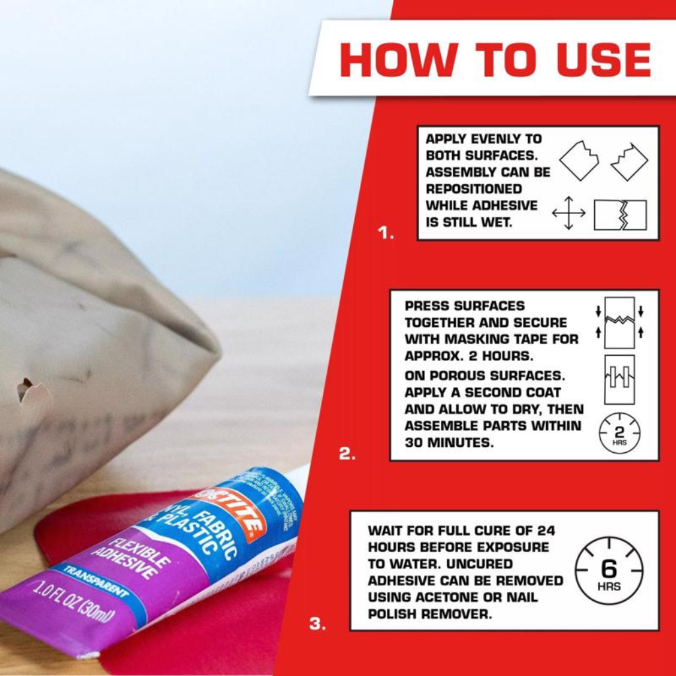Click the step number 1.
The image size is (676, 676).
point(386,233)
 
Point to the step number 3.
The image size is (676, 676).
point(318,623)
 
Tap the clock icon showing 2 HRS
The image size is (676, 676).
point(619,433)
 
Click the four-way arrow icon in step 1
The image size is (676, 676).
point(568,213)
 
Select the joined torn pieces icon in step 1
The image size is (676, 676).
point(620,215)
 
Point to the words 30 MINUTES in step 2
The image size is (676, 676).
point(449,443)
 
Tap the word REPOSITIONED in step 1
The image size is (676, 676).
point(473,189)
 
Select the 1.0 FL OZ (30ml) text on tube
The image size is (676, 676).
point(73,601)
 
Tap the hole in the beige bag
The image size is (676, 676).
point(25,389)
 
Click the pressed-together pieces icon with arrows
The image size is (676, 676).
point(619,322)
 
